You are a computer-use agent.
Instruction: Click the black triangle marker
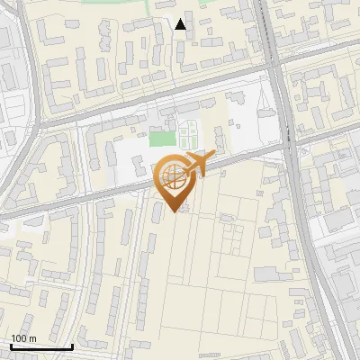tap(181, 25)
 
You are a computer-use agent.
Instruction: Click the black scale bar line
tap(41, 346)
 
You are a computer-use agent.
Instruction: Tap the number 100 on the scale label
tap(19, 338)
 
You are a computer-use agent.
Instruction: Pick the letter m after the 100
tap(32, 338)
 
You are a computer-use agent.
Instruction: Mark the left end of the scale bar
tap(11, 346)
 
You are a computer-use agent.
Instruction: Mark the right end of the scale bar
tap(72, 346)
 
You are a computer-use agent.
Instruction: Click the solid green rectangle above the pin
tap(161, 139)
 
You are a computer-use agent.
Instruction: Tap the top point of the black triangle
tap(181, 19)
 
